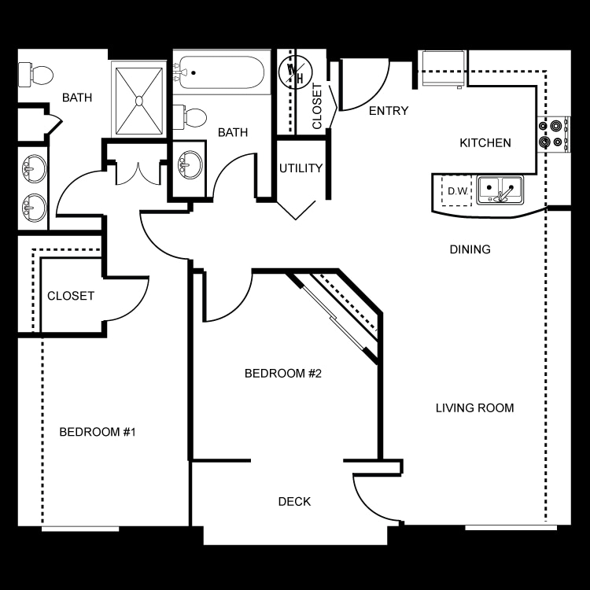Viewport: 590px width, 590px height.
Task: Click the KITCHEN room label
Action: coord(485,143)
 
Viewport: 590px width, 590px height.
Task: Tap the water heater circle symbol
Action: coord(295,72)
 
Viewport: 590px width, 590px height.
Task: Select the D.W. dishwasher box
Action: coord(456,191)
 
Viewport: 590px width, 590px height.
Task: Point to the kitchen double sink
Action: coord(500,190)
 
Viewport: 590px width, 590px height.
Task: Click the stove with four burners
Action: coord(553,134)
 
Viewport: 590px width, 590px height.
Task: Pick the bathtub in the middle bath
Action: coord(221,72)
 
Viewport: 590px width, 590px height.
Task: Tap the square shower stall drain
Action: coord(139,101)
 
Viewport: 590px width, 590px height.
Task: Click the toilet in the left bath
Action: coord(35,75)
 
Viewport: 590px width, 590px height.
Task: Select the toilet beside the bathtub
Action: coord(190,117)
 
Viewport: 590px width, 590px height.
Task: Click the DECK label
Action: coord(295,502)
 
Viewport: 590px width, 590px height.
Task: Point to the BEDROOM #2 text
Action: coord(283,373)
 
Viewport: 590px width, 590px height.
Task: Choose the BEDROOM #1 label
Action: coord(98,432)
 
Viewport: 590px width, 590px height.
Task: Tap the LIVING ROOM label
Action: coord(475,407)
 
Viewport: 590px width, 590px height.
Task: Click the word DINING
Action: coord(470,249)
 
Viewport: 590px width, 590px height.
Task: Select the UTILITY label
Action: coord(301,168)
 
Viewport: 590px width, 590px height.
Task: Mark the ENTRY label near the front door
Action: coord(389,111)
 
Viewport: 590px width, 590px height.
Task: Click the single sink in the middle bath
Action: coord(190,166)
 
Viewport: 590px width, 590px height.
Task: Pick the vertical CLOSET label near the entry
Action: coord(317,106)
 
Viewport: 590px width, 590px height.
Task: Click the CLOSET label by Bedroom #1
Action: coord(71,296)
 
